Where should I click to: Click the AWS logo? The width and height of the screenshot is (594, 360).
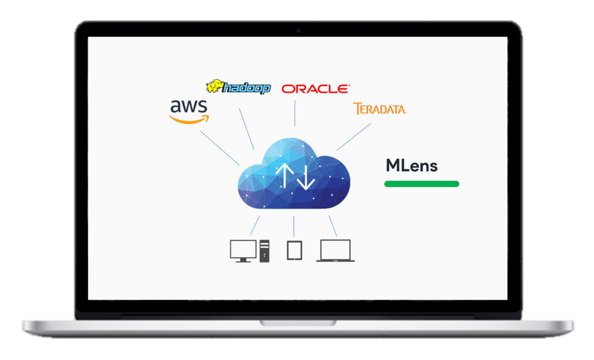click(189, 111)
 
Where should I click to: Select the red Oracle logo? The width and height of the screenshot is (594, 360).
click(316, 89)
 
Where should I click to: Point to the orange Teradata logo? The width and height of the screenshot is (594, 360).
click(379, 109)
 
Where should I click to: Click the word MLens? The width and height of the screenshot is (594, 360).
click(411, 165)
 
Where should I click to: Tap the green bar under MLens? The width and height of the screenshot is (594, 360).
click(421, 184)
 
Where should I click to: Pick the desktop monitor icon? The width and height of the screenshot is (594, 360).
click(243, 251)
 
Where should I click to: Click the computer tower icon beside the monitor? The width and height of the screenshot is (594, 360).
click(265, 251)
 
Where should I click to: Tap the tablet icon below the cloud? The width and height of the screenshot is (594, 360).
click(295, 251)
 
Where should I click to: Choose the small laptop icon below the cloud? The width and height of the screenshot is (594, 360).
click(335, 251)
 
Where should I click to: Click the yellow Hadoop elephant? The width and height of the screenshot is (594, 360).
click(215, 86)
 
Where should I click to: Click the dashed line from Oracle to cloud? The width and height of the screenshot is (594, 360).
click(295, 113)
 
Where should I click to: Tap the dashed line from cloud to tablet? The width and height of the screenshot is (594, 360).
click(294, 226)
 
